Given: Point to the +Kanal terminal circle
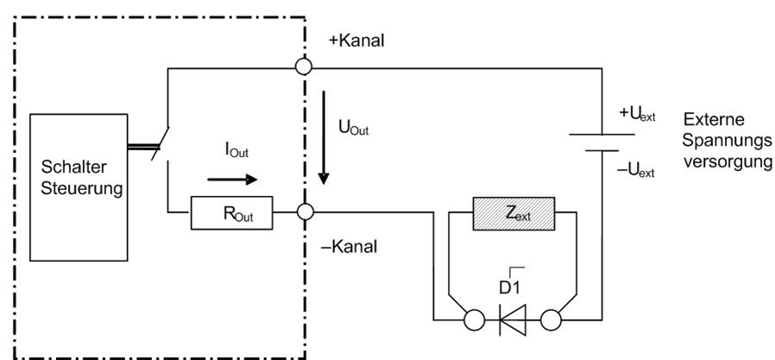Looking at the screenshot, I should click(304, 66).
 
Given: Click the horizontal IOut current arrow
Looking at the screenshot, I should click(232, 180).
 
